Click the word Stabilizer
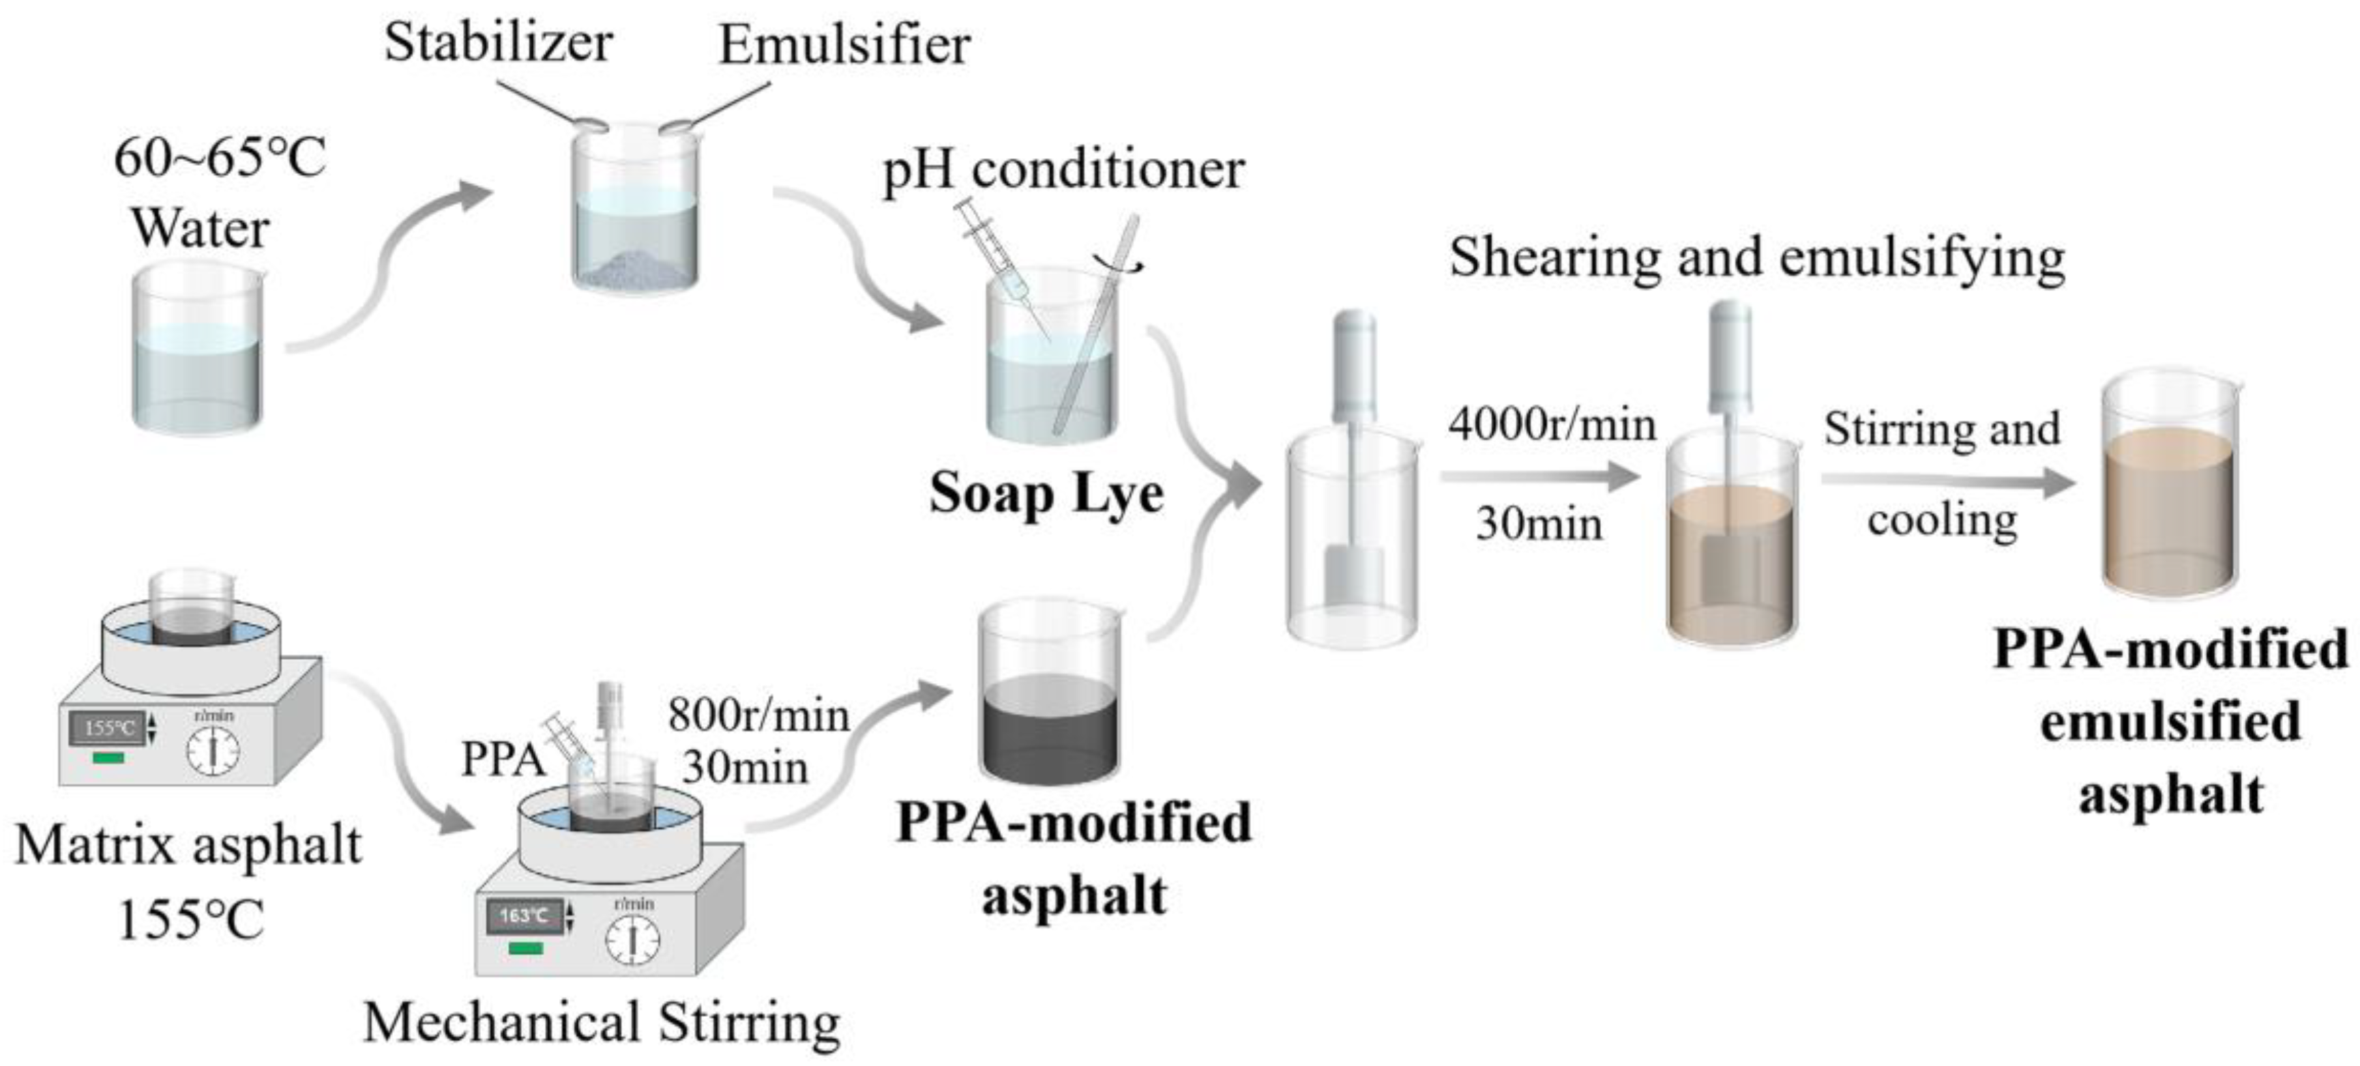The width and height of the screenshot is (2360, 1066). (x=497, y=42)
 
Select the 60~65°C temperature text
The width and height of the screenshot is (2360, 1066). (x=220, y=158)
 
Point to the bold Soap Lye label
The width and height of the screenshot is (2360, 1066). (x=1046, y=494)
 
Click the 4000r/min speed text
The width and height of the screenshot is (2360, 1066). (x=1552, y=424)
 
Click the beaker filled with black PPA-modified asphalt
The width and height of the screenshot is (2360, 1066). (x=1049, y=697)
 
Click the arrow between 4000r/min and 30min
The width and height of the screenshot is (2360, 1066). (x=1539, y=476)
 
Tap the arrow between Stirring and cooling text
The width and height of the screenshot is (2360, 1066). (x=1947, y=480)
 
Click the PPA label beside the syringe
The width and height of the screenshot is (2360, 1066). (x=502, y=759)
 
